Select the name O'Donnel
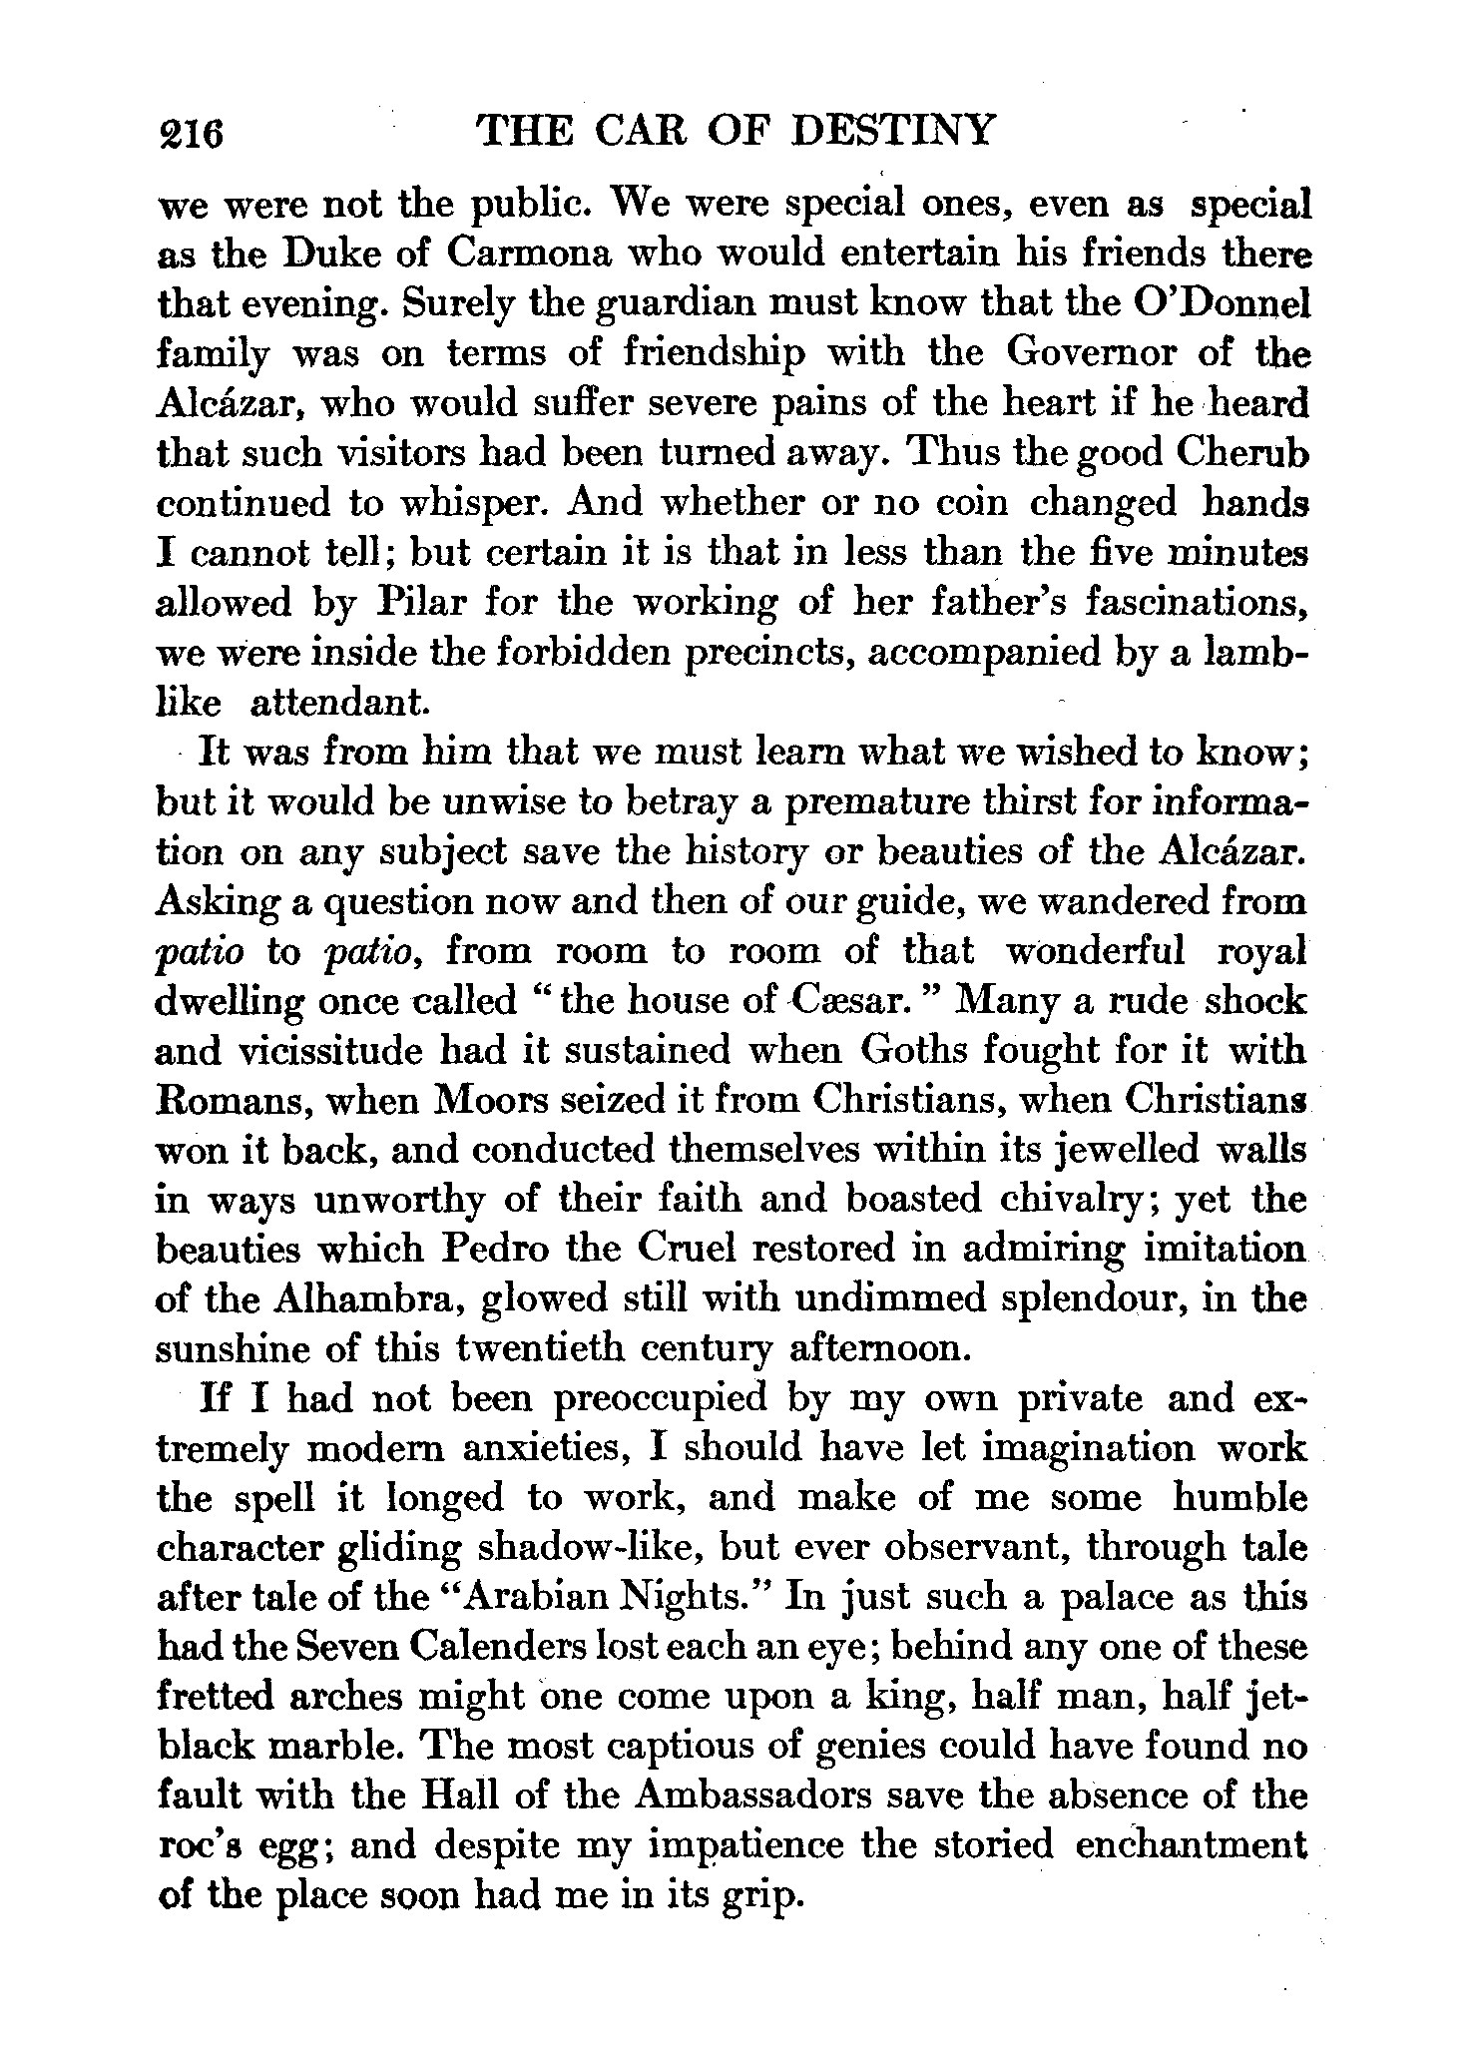click(1210, 303)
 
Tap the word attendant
click(339, 704)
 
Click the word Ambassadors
click(750, 1797)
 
